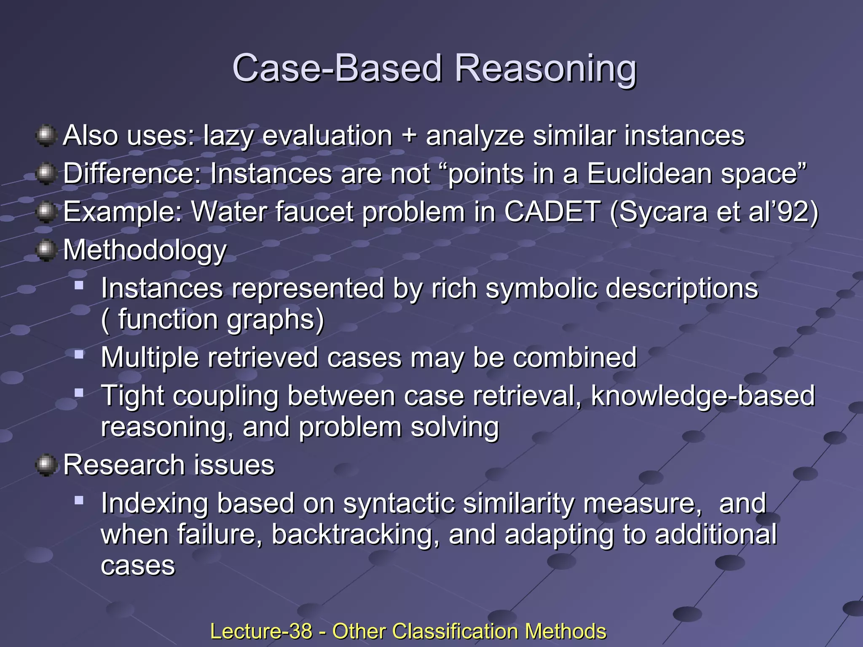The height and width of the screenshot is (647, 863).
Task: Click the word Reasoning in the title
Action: [545, 69]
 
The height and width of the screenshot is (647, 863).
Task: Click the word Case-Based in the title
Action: [337, 69]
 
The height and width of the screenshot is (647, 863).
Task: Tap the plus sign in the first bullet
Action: [409, 136]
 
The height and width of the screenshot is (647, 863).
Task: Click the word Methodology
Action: [145, 251]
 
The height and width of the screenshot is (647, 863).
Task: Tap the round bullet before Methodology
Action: [46, 251]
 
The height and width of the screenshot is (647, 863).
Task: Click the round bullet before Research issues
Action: [46, 465]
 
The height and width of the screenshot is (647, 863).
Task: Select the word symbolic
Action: [541, 289]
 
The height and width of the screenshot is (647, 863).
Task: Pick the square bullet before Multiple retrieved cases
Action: [79, 354]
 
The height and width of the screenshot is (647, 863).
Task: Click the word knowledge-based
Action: [703, 396]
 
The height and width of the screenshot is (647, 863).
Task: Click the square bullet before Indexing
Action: [79, 500]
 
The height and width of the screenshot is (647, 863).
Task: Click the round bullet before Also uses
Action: [46, 136]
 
